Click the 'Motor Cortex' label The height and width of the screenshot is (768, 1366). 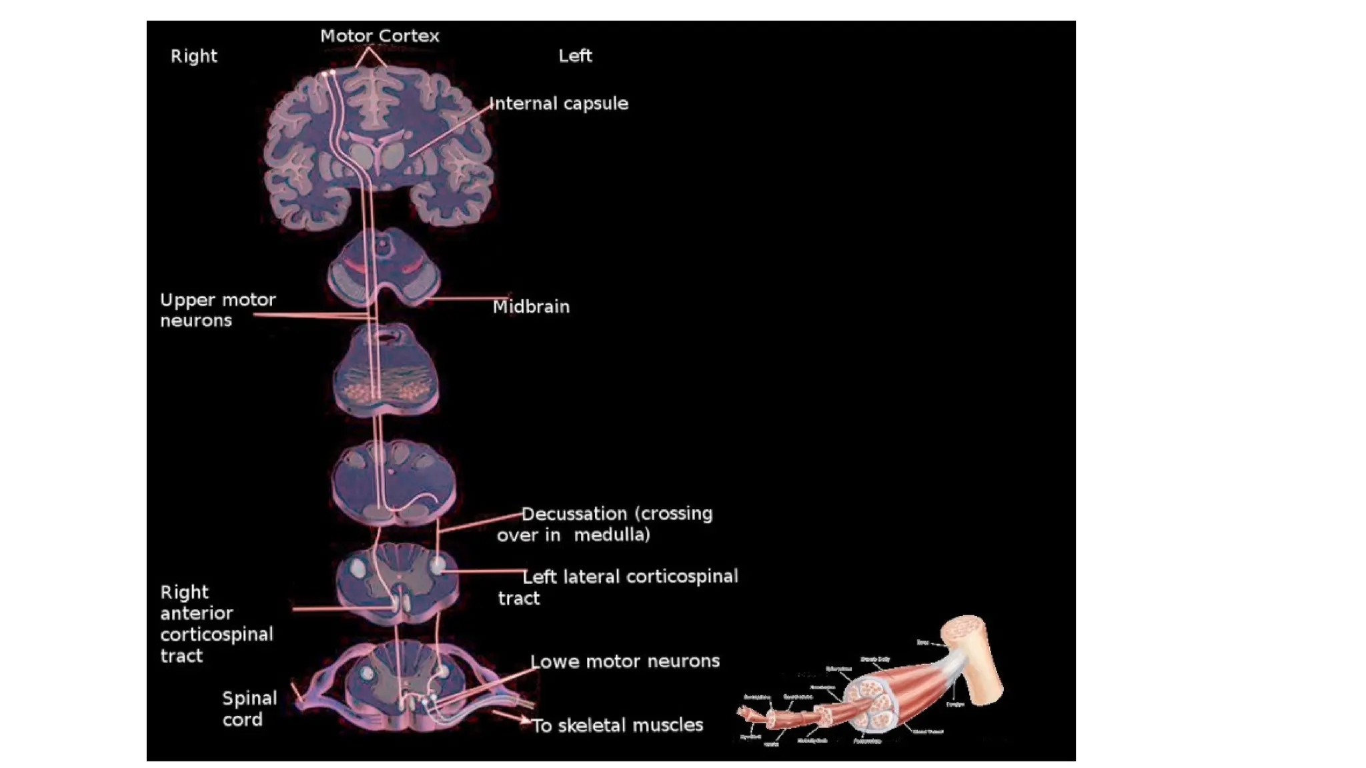pyautogui.click(x=380, y=36)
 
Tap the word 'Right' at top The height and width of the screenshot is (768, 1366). pyautogui.click(x=193, y=56)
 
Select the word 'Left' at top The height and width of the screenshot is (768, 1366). pyautogui.click(x=575, y=56)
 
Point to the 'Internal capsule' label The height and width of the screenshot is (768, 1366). pyautogui.click(x=559, y=104)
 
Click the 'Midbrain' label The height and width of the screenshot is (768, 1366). pyautogui.click(x=531, y=307)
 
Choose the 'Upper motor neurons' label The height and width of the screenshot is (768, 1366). pyautogui.click(x=217, y=310)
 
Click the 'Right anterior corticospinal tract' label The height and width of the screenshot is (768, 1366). pyautogui.click(x=216, y=624)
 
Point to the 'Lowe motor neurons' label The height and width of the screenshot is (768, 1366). pyautogui.click(x=625, y=661)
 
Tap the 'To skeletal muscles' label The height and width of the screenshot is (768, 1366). pyautogui.click(x=617, y=725)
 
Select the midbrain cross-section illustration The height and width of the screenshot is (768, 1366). pyautogui.click(x=384, y=267)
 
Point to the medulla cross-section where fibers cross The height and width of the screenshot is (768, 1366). pyautogui.click(x=394, y=483)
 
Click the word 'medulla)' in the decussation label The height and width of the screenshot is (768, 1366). pyautogui.click(x=612, y=535)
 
